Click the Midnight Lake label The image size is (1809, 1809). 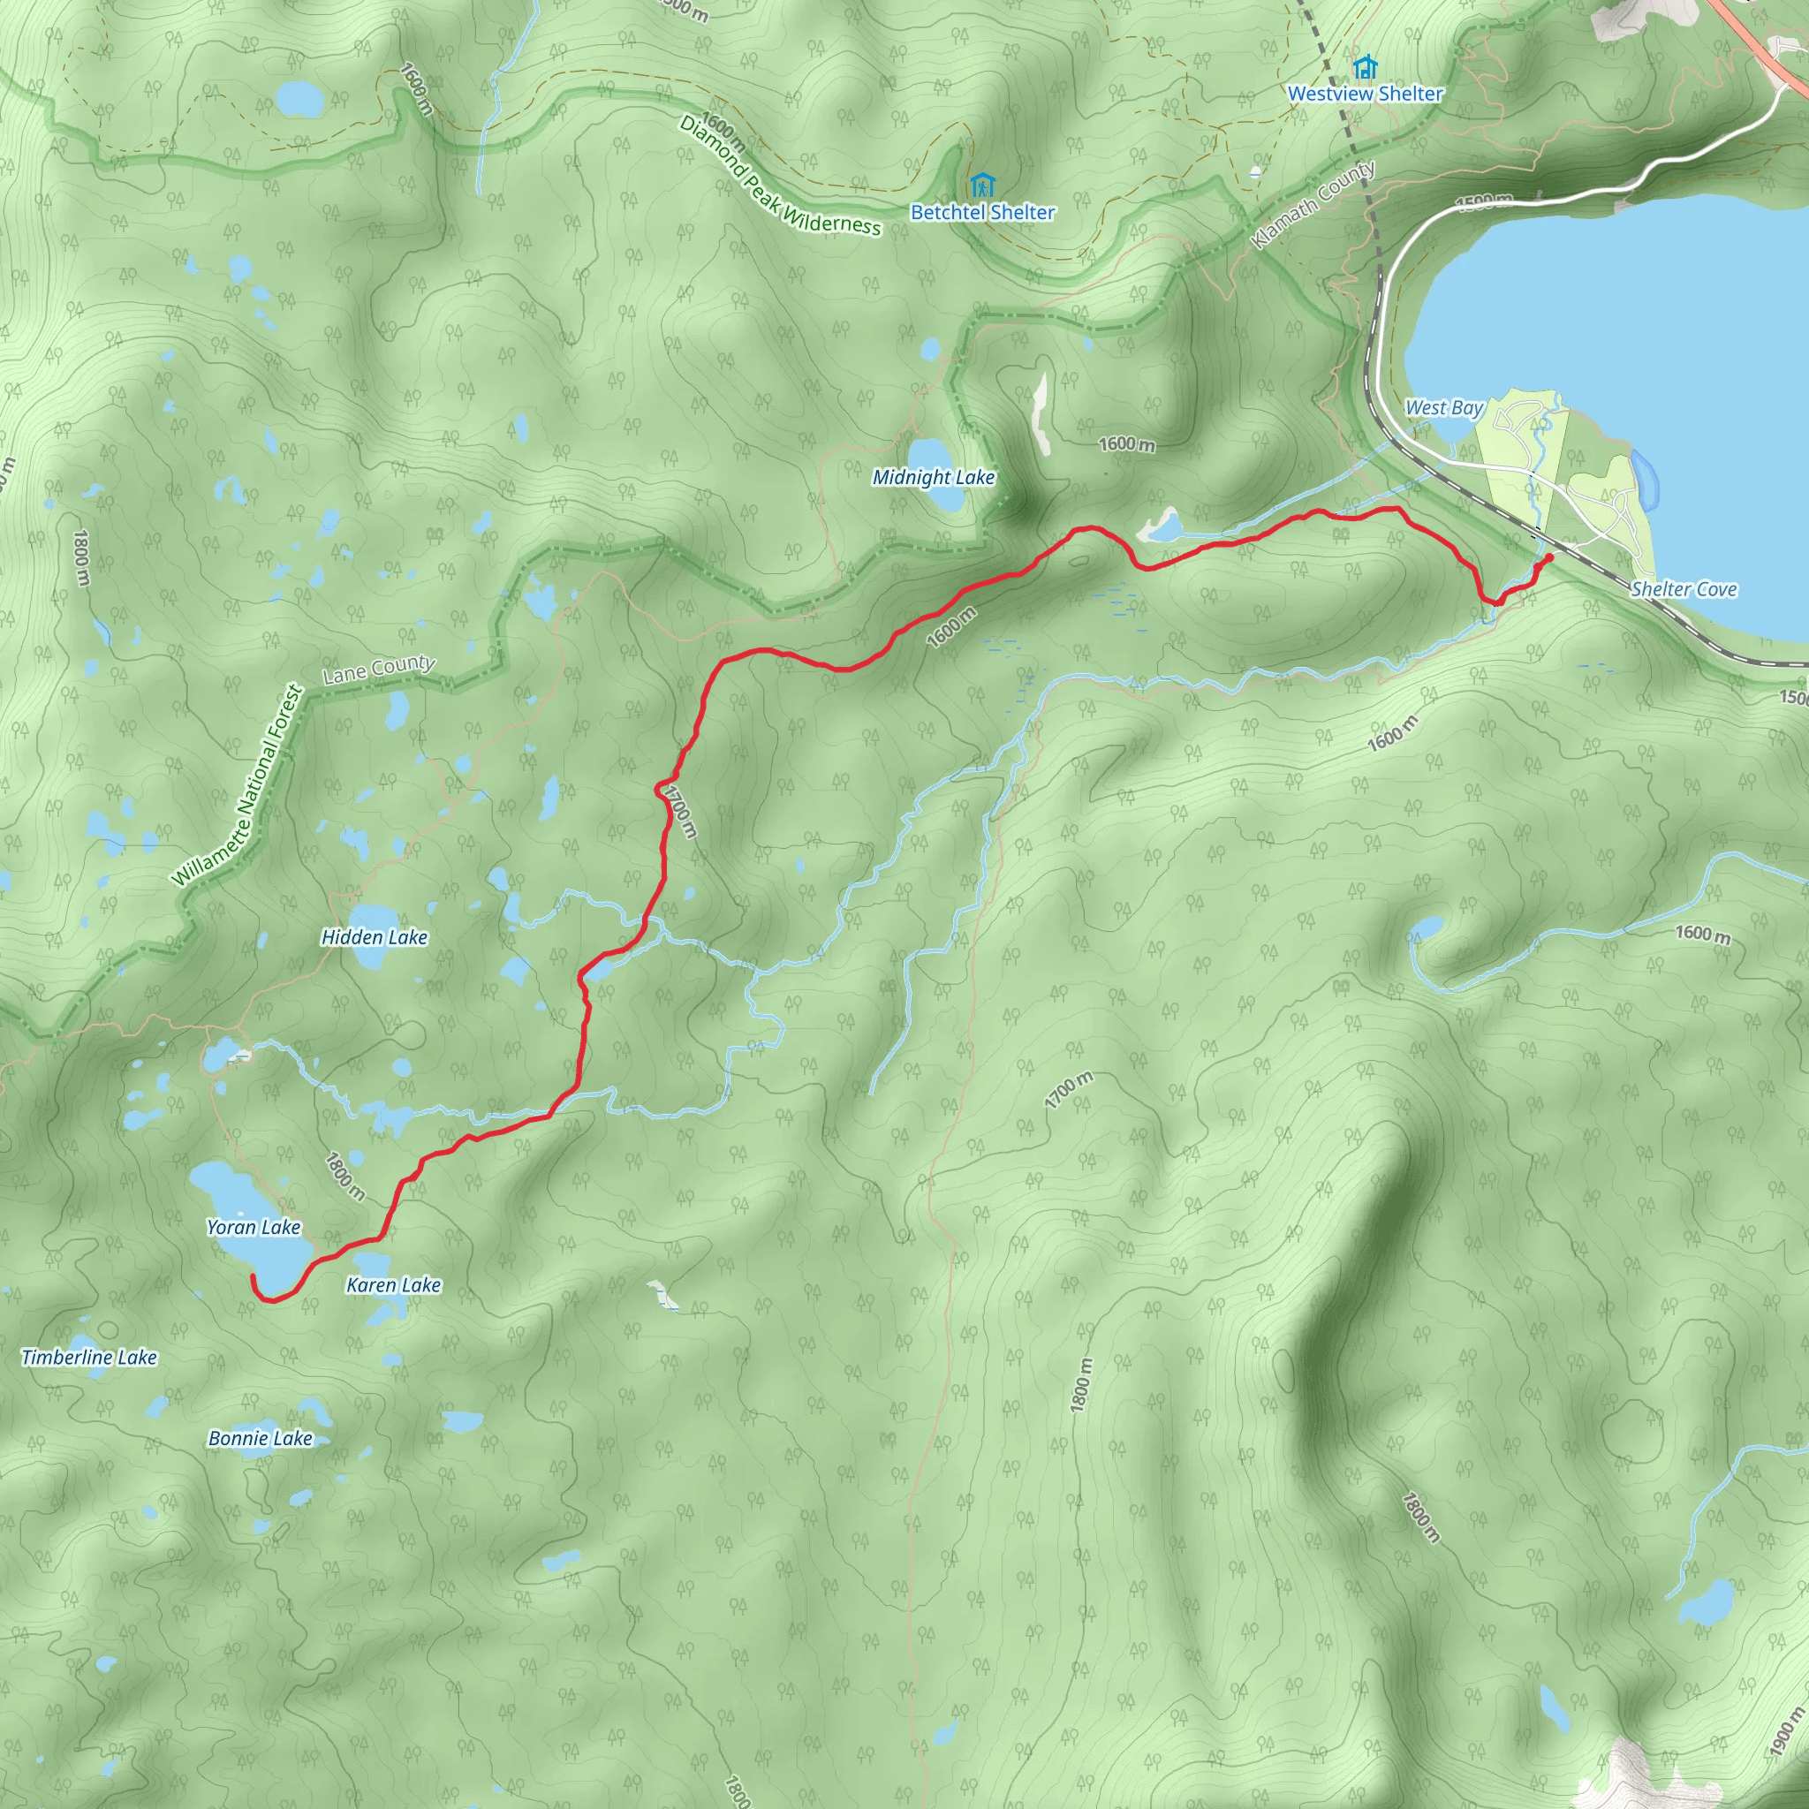[x=933, y=478]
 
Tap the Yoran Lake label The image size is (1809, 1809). [x=254, y=1227]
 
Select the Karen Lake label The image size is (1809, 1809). [x=393, y=1284]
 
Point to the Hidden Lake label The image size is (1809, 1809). [x=374, y=937]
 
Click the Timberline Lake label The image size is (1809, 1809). [x=90, y=1357]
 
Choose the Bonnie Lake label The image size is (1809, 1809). [x=261, y=1438]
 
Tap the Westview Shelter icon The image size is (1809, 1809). [x=1366, y=67]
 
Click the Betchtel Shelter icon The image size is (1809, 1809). [x=981, y=185]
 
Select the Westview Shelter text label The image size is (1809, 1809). [x=1366, y=94]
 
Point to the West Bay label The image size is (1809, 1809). [x=1444, y=407]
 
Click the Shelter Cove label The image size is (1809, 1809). [x=1684, y=589]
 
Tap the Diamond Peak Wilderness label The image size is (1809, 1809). [x=779, y=176]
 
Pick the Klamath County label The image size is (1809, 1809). [x=1313, y=205]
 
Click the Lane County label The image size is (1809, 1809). [x=378, y=669]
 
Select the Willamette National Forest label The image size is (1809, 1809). [x=238, y=787]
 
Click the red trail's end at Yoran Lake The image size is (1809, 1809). [x=253, y=1277]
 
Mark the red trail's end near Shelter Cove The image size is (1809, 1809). [x=1549, y=557]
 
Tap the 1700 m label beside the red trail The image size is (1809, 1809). [x=680, y=811]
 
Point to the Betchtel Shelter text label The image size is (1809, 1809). [x=982, y=213]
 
